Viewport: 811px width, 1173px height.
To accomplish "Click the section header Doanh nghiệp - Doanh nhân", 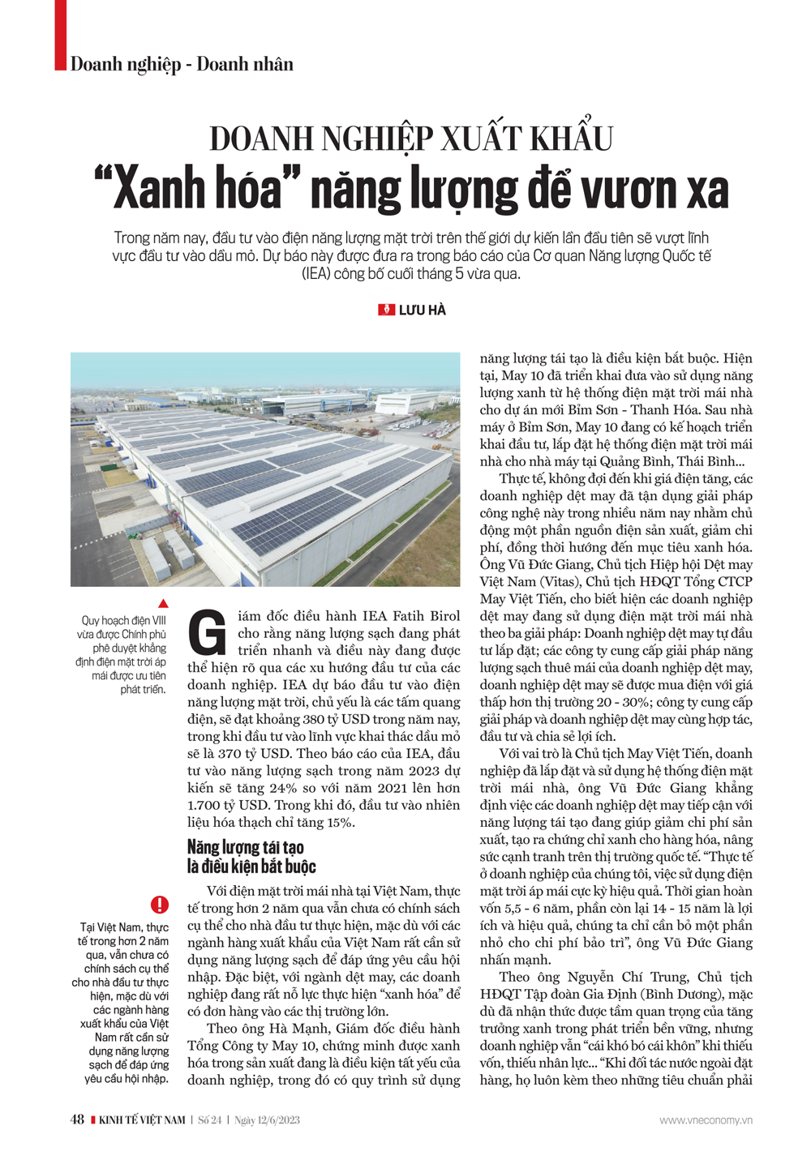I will (x=182, y=64).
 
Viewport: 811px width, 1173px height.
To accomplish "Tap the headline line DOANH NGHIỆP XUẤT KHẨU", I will (x=411, y=139).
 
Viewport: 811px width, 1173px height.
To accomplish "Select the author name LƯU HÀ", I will (x=422, y=310).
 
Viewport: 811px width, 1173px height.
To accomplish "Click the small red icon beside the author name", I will (x=387, y=310).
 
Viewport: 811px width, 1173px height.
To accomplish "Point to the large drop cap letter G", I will (x=208, y=634).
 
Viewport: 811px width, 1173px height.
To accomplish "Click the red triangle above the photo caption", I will (x=163, y=603).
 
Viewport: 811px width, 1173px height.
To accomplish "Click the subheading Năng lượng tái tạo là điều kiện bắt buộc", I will (x=251, y=857).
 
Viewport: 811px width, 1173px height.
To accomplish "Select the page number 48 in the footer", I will (x=77, y=1119).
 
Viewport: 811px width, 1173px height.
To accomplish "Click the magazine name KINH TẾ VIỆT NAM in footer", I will (x=142, y=1120).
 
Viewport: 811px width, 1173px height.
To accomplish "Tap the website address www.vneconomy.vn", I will (x=706, y=1120).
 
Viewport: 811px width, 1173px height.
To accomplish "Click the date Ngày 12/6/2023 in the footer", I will (x=267, y=1120).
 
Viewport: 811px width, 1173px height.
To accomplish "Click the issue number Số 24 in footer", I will (x=210, y=1120).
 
